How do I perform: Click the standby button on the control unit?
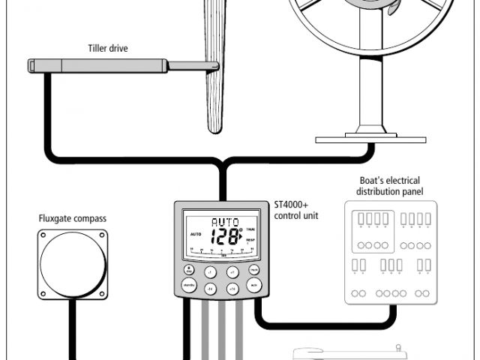click(189, 286)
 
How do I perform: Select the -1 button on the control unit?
click(211, 271)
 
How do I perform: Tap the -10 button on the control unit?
click(211, 287)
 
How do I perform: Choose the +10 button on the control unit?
click(232, 287)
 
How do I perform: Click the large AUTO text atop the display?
click(224, 222)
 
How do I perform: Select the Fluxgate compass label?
click(73, 219)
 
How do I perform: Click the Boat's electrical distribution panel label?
click(389, 187)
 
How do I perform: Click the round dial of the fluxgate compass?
click(72, 263)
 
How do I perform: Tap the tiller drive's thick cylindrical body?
click(97, 65)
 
